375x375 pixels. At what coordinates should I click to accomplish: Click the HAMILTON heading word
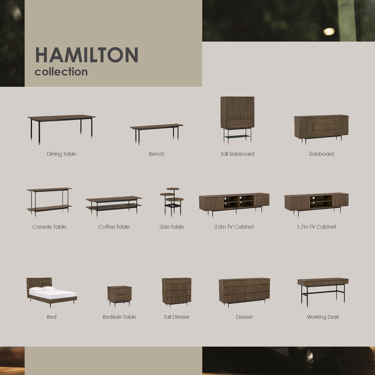tap(86, 55)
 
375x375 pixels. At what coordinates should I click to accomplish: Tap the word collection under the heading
tap(61, 72)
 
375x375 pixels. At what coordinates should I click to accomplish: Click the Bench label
tap(156, 154)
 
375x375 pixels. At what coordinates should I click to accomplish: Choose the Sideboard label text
tap(321, 154)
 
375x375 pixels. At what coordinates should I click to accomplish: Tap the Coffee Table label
tap(114, 227)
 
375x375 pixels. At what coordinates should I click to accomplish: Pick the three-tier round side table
tap(172, 201)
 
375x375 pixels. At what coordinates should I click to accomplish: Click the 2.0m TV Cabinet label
tap(234, 227)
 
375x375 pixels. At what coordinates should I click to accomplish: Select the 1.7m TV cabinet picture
tap(316, 202)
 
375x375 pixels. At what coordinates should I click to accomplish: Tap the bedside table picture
tap(119, 295)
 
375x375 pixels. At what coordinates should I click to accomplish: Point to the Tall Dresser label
tap(177, 317)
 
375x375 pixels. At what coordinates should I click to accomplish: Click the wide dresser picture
tap(244, 291)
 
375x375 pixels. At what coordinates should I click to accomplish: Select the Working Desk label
tap(323, 317)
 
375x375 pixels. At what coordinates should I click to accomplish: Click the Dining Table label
tap(62, 154)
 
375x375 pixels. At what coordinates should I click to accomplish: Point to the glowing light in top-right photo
tap(329, 31)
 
